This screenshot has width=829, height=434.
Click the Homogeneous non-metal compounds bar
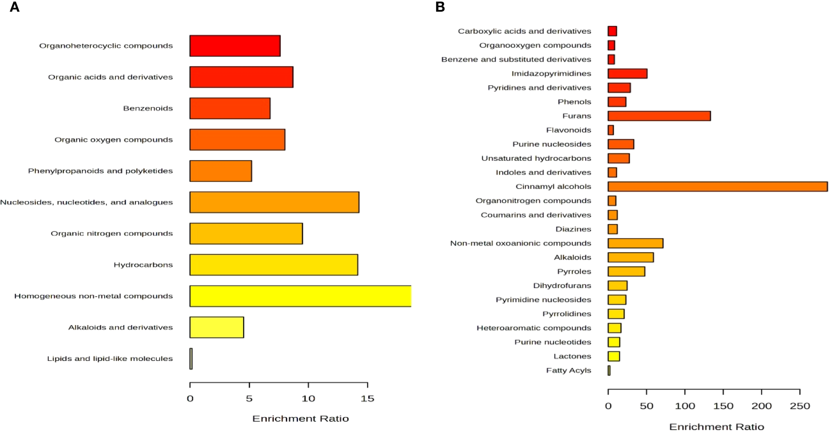click(300, 296)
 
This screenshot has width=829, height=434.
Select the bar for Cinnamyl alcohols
click(717, 187)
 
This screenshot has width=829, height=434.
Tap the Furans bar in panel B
click(659, 116)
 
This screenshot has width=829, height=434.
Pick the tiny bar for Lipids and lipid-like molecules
click(191, 359)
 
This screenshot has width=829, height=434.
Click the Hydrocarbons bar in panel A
click(274, 265)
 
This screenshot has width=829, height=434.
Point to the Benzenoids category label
click(148, 108)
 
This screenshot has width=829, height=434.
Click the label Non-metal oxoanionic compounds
click(520, 243)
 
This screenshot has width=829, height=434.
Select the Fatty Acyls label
click(568, 370)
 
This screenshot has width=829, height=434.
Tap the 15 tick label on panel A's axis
click(367, 399)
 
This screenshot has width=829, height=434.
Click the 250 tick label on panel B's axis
click(799, 406)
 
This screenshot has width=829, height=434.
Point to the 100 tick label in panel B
click(685, 406)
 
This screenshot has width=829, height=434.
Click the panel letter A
click(15, 7)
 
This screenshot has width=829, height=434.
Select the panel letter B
click(440, 7)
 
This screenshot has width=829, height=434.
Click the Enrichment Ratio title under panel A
click(300, 419)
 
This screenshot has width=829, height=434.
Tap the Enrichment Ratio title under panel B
click(717, 427)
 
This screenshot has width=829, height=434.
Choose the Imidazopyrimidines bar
click(627, 74)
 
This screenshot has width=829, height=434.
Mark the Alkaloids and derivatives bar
click(217, 328)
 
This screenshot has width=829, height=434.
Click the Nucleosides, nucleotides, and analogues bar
click(274, 202)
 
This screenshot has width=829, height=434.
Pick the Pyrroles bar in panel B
click(626, 272)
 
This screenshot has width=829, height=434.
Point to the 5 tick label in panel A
click(249, 399)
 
